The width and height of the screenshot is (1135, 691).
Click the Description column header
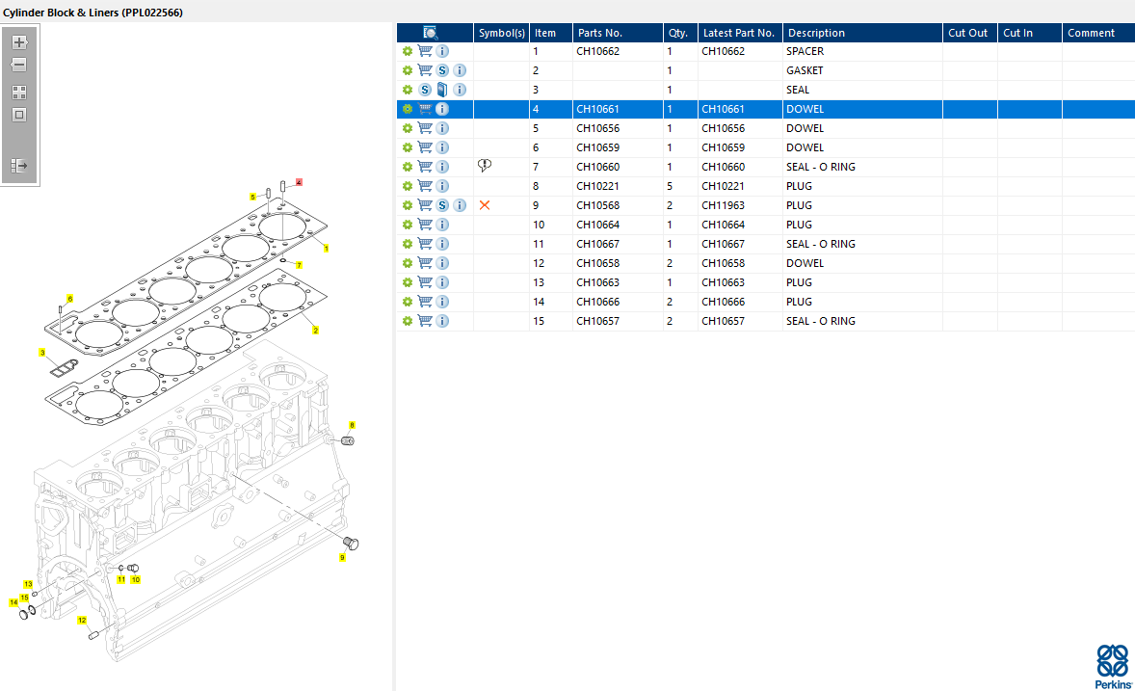click(816, 33)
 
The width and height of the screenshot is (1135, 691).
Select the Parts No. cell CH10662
click(597, 51)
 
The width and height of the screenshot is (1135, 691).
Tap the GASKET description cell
click(805, 70)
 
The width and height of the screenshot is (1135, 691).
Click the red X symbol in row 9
click(485, 205)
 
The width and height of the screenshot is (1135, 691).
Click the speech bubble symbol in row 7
click(485, 166)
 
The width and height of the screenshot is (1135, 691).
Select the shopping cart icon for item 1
click(425, 51)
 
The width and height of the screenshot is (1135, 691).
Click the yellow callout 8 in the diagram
click(352, 425)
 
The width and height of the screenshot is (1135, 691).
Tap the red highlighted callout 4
click(299, 182)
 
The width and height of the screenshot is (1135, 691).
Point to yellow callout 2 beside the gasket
click(315, 330)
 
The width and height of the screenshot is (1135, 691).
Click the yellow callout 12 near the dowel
click(82, 620)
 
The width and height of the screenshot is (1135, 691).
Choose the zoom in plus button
click(19, 42)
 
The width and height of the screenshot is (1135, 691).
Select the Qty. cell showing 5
click(670, 186)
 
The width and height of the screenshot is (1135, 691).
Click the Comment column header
click(1091, 33)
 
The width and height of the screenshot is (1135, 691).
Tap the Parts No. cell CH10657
click(597, 321)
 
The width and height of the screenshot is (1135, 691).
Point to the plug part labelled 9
click(351, 543)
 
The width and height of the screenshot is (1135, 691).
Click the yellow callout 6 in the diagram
click(69, 299)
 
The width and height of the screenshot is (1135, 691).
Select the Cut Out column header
click(967, 33)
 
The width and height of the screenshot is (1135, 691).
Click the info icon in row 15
click(442, 321)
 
